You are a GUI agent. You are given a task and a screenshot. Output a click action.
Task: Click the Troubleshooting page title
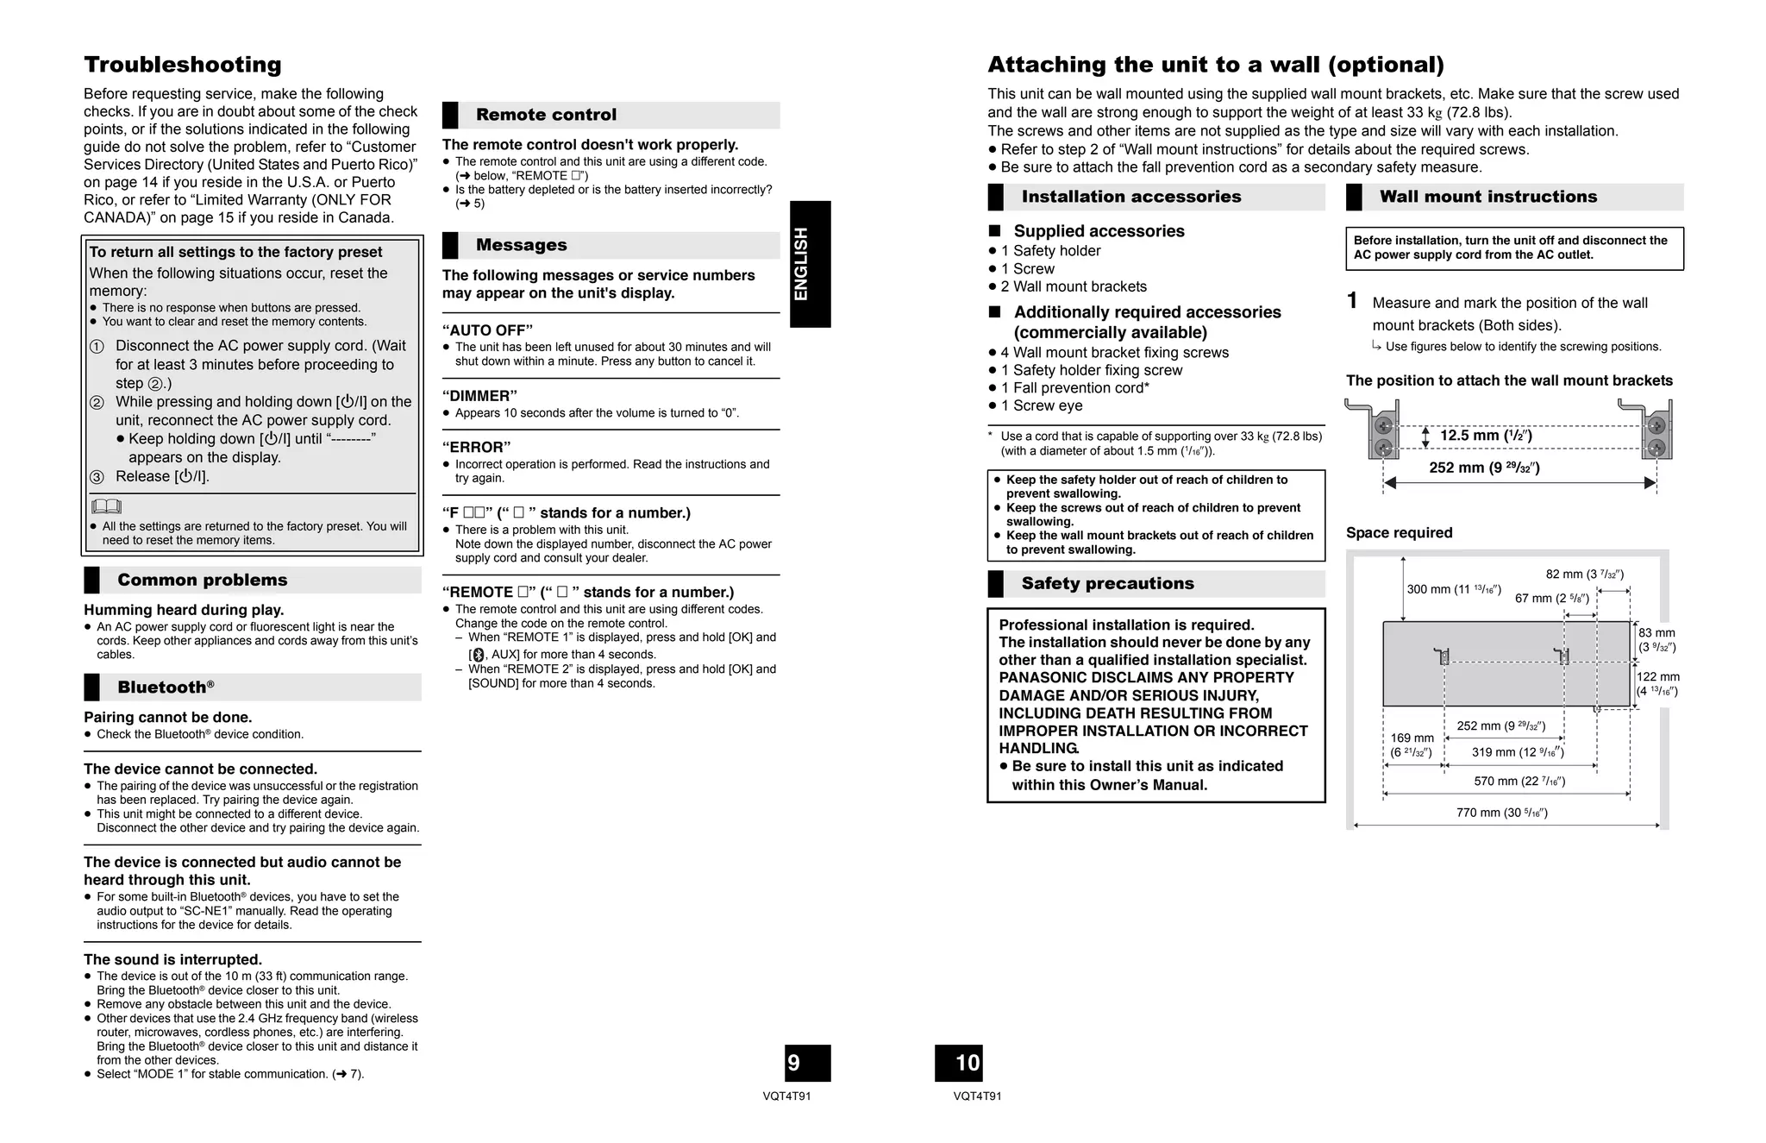[x=182, y=65]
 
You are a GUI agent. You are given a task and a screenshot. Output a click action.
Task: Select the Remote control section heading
[x=546, y=115]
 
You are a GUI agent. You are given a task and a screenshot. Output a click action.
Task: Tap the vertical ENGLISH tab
[x=810, y=264]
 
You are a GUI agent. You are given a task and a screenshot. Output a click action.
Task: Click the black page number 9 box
[x=807, y=1063]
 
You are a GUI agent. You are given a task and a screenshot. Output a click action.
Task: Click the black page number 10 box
[x=959, y=1063]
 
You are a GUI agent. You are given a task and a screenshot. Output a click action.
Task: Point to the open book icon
[x=106, y=506]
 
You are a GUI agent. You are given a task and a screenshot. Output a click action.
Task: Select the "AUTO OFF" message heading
[x=487, y=330]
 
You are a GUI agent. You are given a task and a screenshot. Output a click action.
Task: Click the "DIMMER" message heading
[x=479, y=396]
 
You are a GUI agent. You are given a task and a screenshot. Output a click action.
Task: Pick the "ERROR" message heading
[x=476, y=447]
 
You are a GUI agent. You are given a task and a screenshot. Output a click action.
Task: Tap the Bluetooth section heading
[x=166, y=688]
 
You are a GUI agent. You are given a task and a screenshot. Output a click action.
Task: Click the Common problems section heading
[x=202, y=581]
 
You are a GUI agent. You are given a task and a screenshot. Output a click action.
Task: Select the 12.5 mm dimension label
[x=1485, y=436]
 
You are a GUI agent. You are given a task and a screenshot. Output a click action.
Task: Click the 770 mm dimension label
[x=1501, y=813]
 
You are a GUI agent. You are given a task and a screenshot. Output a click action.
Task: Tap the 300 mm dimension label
[x=1453, y=589]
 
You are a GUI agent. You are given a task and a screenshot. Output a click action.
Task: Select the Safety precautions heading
[x=1107, y=584]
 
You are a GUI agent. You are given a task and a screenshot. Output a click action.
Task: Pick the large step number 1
[x=1352, y=301]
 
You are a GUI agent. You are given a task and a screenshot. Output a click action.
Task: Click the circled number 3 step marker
[x=97, y=477]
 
